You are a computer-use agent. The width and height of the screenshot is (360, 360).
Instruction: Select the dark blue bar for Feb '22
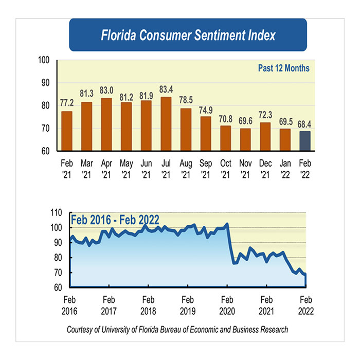[x=305, y=141]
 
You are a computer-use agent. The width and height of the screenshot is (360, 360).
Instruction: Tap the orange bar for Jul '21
[x=166, y=124]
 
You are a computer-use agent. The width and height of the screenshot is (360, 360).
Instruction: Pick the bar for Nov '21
[x=245, y=139]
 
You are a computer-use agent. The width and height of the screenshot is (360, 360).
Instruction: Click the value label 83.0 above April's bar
[x=106, y=88]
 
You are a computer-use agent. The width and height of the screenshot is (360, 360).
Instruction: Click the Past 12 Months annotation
[x=283, y=68]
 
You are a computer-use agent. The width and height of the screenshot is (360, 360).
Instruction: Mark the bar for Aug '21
[x=186, y=130]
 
